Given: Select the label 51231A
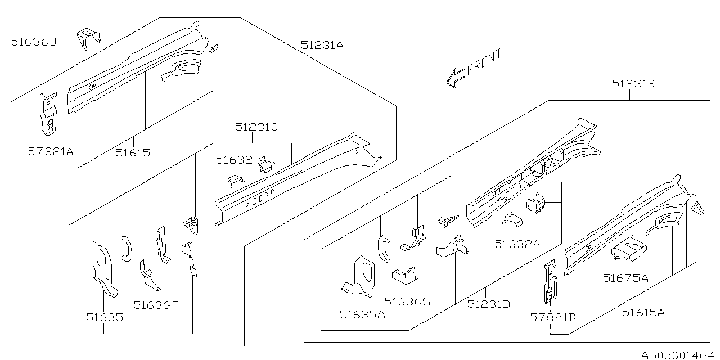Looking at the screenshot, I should click(x=322, y=45).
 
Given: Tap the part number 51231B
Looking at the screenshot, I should click(x=633, y=84).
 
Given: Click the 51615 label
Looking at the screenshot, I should click(x=133, y=152).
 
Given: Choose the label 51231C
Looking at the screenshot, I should click(x=256, y=127).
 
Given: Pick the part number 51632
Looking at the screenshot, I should click(x=234, y=160).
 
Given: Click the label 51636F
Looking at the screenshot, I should click(x=156, y=305).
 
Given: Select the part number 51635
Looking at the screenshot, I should click(x=105, y=317).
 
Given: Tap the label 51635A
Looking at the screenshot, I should click(x=362, y=314).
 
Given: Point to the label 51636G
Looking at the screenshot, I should click(x=407, y=301).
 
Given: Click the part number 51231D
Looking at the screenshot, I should click(x=488, y=304).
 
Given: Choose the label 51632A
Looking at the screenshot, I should click(x=517, y=244).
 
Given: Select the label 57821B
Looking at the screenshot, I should click(x=553, y=317).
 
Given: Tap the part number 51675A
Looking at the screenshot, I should click(x=625, y=277).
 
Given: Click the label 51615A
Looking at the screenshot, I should click(x=643, y=312).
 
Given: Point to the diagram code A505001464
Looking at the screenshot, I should click(x=677, y=354).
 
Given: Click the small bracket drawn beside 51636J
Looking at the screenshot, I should click(x=88, y=37).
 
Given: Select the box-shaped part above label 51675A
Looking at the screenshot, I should click(x=629, y=247).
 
